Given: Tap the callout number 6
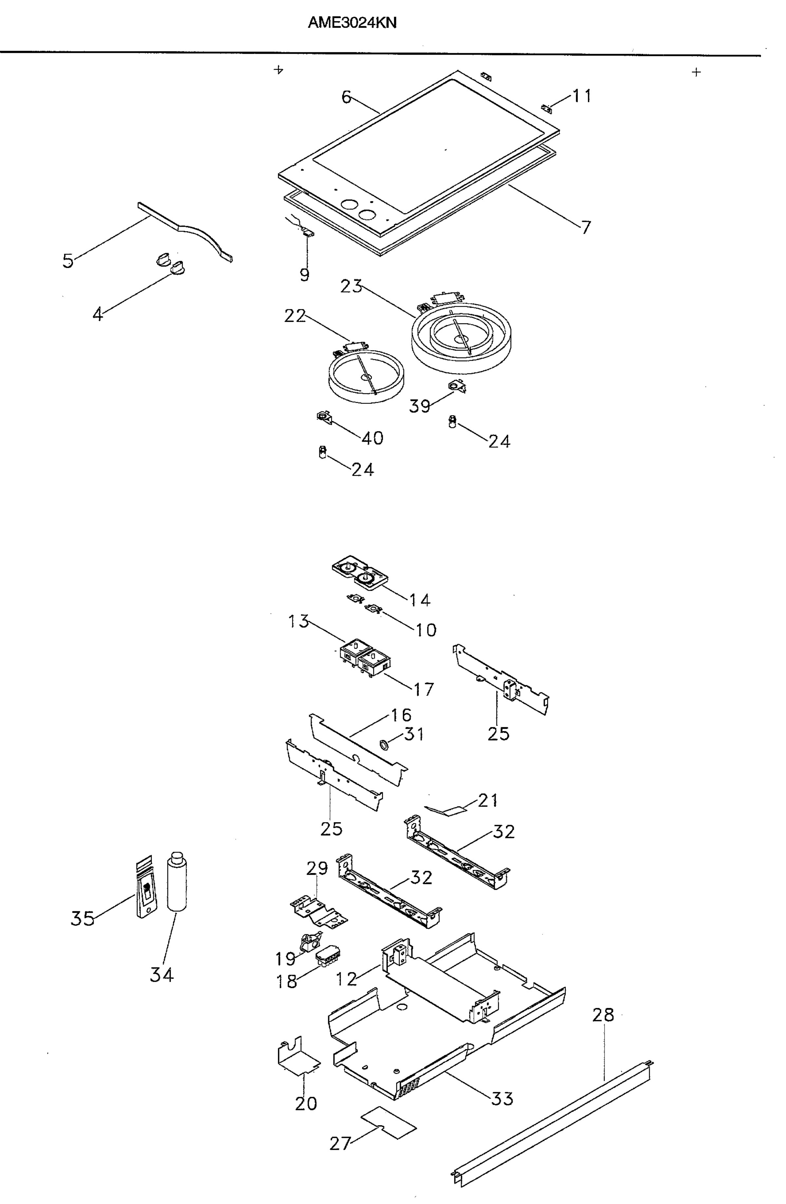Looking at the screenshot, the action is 346,97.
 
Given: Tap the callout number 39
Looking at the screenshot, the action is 420,406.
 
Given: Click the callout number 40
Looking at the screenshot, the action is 372,438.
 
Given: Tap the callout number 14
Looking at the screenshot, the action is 420,600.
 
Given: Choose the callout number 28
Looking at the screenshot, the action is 603,1014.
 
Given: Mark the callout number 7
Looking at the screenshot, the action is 586,228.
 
